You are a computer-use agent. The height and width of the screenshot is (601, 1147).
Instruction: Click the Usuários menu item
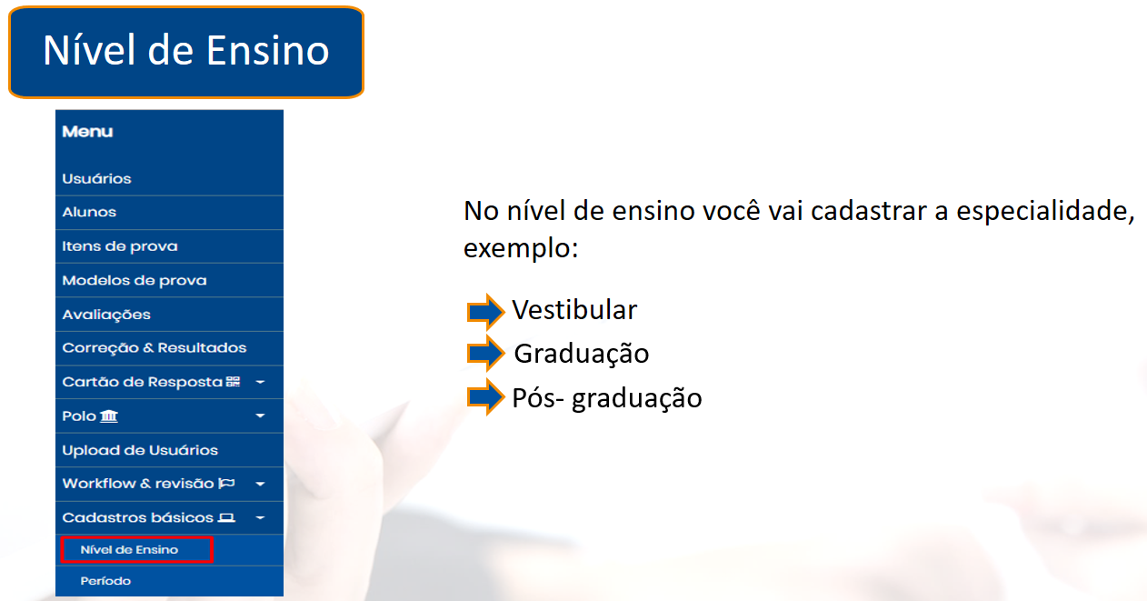click(x=96, y=179)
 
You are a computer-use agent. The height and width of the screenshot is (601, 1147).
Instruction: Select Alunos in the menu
click(x=89, y=212)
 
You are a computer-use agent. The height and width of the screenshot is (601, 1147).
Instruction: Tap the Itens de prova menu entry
click(x=120, y=246)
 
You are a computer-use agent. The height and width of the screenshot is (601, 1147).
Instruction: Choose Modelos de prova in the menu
click(x=135, y=280)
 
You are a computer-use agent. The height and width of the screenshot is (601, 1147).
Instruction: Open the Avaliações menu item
click(x=106, y=315)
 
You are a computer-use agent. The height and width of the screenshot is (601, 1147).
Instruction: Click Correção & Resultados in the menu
click(x=155, y=348)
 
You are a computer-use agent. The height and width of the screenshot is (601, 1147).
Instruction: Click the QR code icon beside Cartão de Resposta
click(x=233, y=382)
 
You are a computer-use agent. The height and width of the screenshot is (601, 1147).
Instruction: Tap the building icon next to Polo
click(x=108, y=416)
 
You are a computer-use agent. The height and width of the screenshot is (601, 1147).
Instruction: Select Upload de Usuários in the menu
click(x=140, y=450)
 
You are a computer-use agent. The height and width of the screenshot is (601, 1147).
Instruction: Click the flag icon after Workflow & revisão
click(x=226, y=483)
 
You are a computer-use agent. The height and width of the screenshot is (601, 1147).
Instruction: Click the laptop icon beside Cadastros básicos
click(x=226, y=518)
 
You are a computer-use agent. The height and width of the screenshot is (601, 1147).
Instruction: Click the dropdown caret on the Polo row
click(x=260, y=416)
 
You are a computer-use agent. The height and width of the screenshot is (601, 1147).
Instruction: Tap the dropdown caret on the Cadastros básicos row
click(x=260, y=518)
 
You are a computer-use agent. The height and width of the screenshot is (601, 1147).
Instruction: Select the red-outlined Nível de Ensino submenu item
click(x=136, y=550)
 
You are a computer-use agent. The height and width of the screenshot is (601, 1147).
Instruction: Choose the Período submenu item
click(x=105, y=581)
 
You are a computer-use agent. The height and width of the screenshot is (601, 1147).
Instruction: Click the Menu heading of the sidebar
click(x=87, y=132)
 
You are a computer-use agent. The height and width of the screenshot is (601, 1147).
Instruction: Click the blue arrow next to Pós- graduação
click(x=485, y=397)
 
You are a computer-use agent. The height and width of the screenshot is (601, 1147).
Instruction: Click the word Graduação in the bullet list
click(x=582, y=355)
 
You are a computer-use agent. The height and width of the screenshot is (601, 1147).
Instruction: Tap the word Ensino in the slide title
click(x=268, y=51)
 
